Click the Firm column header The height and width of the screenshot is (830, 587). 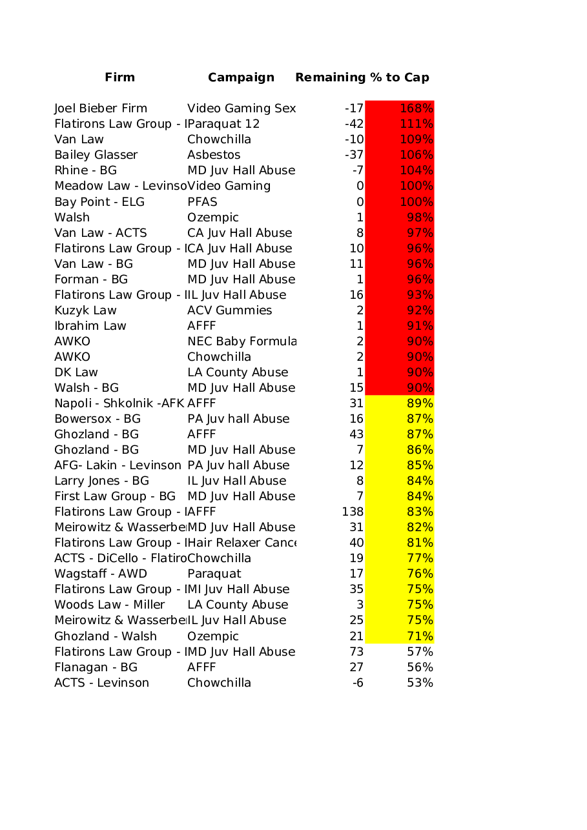[120, 77]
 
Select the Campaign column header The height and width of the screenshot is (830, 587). [241, 77]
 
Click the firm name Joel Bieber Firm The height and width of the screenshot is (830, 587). [101, 108]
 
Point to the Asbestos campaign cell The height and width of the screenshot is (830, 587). [214, 155]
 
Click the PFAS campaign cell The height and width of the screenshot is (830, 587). [202, 202]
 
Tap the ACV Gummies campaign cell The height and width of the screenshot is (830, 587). [230, 310]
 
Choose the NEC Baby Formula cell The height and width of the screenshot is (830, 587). [242, 341]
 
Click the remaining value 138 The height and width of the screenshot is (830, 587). [353, 512]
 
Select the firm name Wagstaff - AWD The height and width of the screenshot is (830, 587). [101, 574]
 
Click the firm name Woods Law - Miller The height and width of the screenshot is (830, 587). [109, 605]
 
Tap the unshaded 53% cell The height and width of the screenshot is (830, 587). [420, 683]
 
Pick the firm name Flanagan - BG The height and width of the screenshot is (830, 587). [96, 667]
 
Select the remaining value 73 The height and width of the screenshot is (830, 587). [356, 652]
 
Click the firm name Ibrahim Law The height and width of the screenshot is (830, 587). [90, 326]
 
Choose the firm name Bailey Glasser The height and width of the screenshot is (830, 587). [96, 155]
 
